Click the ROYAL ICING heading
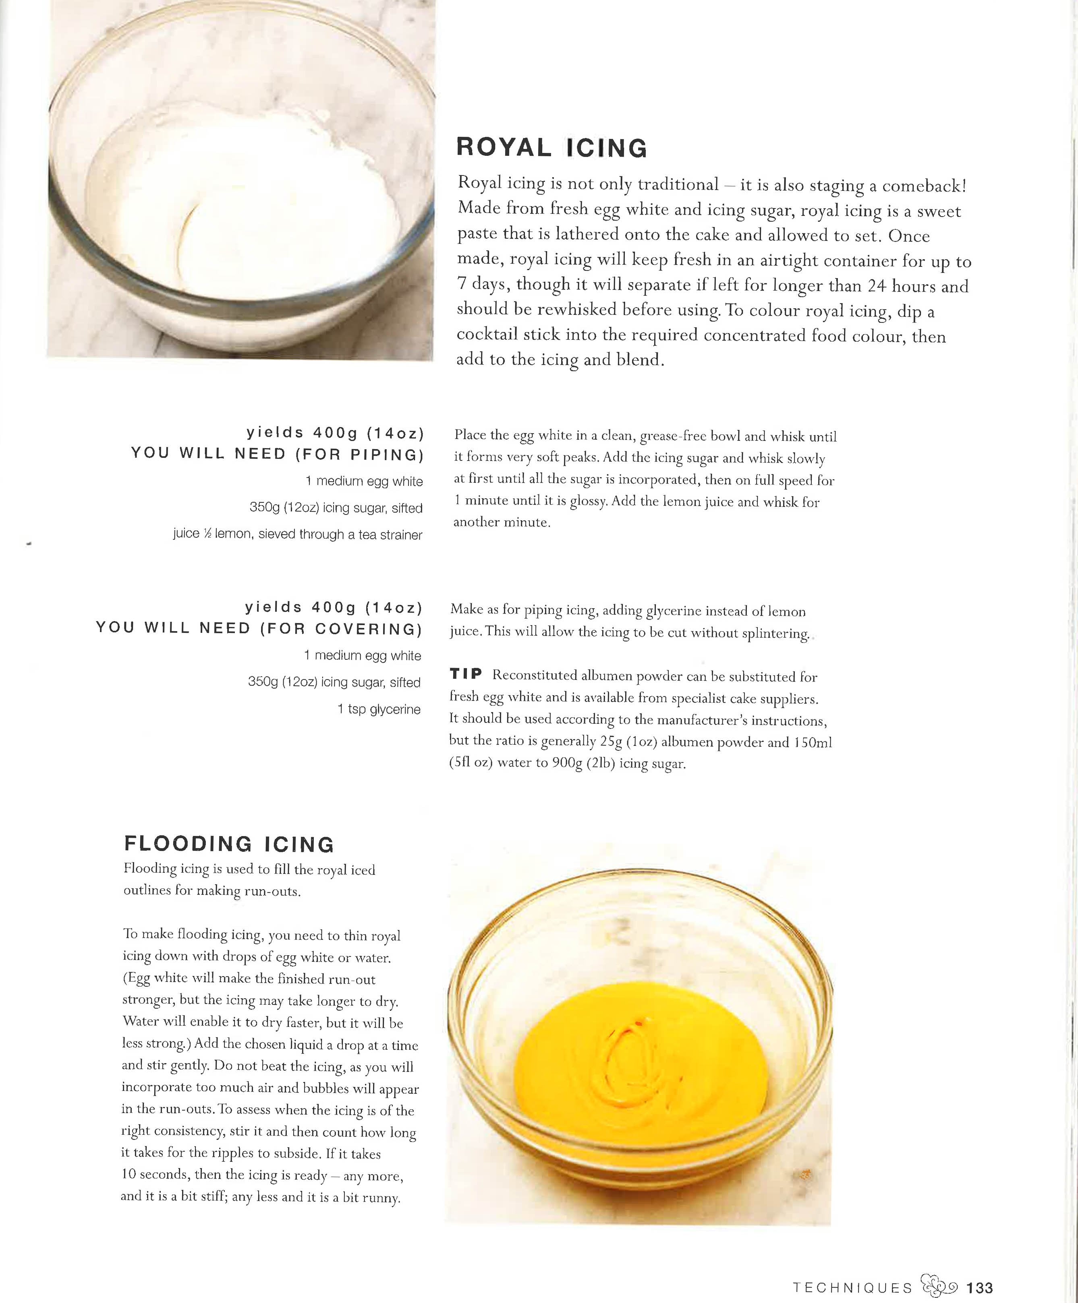[551, 148]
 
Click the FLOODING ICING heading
[229, 844]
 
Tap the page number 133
[980, 1287]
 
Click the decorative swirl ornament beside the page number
[939, 1286]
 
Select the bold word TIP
[466, 674]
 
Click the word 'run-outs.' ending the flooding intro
[273, 891]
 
